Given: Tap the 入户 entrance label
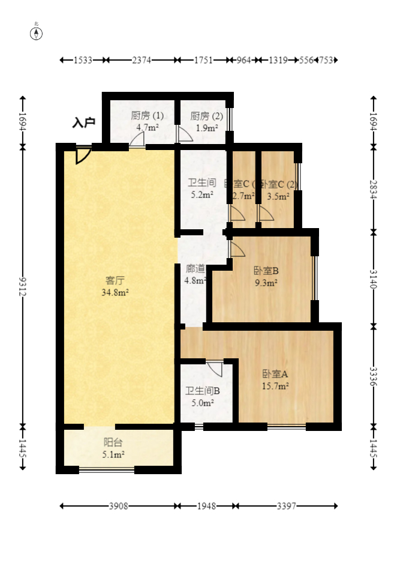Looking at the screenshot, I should coord(84,123).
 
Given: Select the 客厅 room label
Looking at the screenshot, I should coord(115,280).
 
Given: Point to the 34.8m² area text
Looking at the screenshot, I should coord(115,292).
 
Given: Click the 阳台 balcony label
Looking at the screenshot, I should coord(113,443).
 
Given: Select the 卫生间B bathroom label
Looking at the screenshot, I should coord(203,391).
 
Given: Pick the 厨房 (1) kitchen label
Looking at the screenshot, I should coord(147,116).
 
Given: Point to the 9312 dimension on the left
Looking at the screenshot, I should coord(23,286).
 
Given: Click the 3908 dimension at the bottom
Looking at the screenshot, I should coord(119,507).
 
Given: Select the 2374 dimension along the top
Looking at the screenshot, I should coord(142,60).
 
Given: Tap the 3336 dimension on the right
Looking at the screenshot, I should coord(374,376).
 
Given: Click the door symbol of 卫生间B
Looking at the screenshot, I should coord(215,369).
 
